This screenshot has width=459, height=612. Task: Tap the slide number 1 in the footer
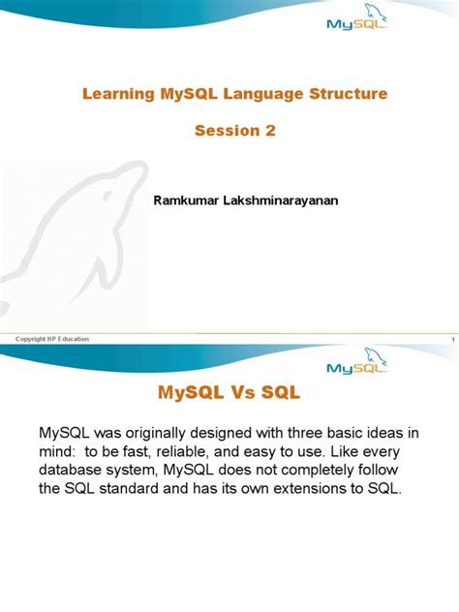point(452,339)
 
